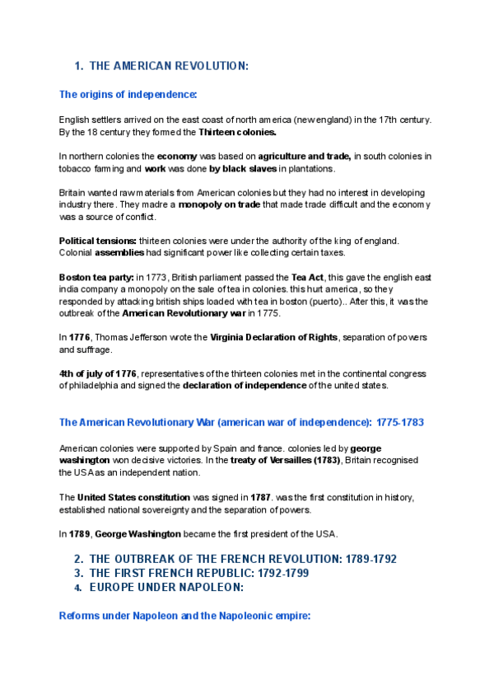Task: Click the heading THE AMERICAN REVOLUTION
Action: point(168,66)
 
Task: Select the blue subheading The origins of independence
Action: point(128,95)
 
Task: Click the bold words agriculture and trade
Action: point(305,156)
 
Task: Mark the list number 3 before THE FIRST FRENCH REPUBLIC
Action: point(79,573)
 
